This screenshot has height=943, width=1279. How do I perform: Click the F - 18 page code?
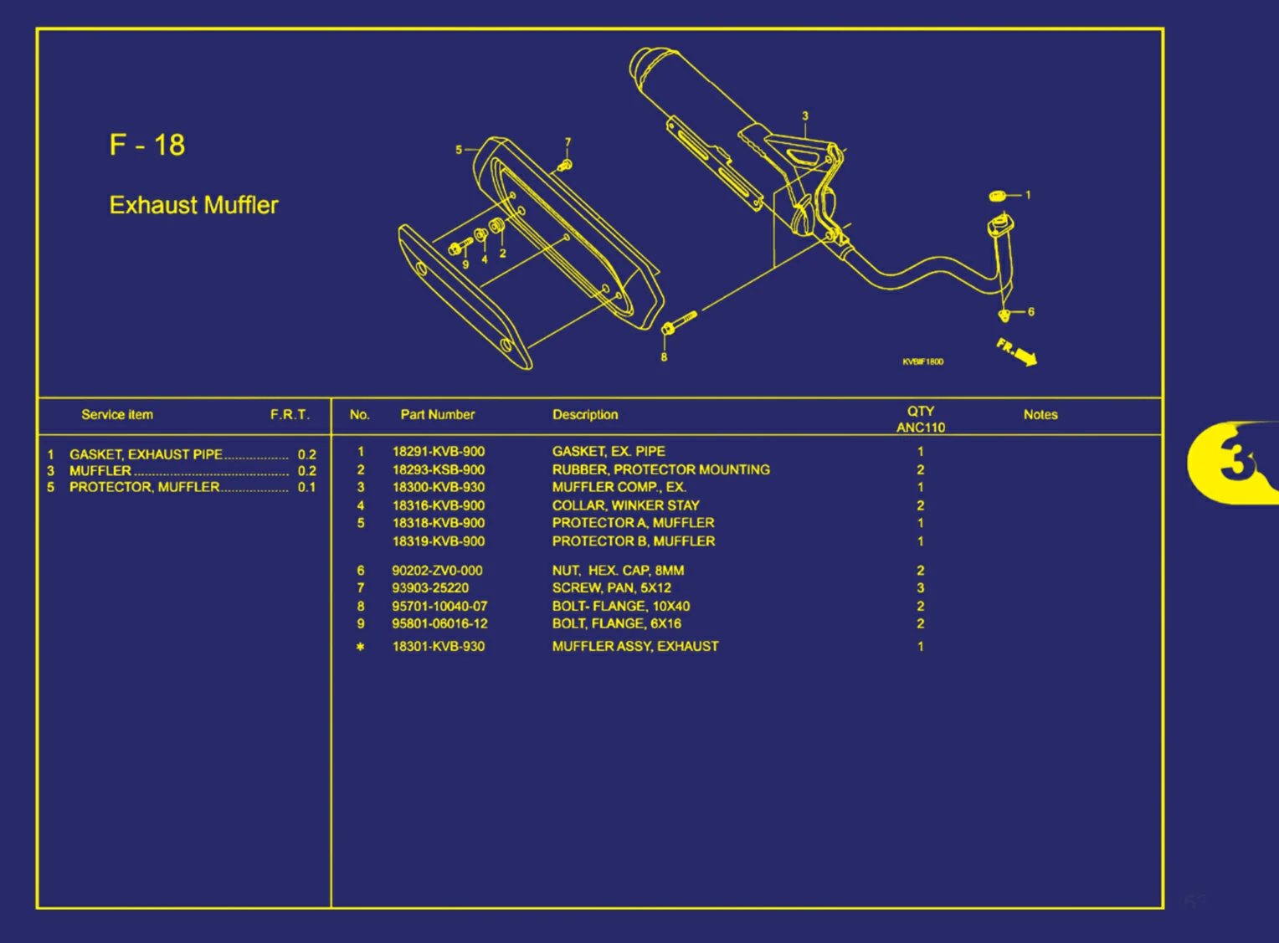[147, 145]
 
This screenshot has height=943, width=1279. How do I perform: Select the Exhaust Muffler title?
[193, 205]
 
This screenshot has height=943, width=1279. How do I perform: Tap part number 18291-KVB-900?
[438, 452]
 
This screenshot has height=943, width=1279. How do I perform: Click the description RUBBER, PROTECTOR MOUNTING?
[660, 469]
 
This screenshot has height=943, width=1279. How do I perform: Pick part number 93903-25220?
[430, 588]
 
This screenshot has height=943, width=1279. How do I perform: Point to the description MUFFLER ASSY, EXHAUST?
[634, 646]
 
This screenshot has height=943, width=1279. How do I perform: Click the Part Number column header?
[437, 414]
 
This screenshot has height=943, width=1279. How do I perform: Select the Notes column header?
[1040, 414]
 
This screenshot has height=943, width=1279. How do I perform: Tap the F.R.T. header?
[290, 414]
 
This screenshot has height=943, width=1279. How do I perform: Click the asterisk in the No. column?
[360, 647]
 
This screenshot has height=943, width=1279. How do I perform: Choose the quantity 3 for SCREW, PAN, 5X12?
[920, 588]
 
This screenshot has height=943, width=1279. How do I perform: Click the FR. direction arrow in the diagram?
[1017, 351]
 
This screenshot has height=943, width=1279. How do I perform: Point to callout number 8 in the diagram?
[664, 357]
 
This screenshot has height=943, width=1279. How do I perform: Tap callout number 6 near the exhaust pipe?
[1030, 312]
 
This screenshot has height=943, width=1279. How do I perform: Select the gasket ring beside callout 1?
[997, 196]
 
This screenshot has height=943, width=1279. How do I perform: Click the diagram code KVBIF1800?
[922, 361]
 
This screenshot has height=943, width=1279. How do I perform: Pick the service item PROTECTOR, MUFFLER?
[144, 487]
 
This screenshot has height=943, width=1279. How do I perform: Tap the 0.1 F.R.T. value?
[306, 487]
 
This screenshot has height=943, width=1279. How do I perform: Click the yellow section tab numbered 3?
[1230, 462]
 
